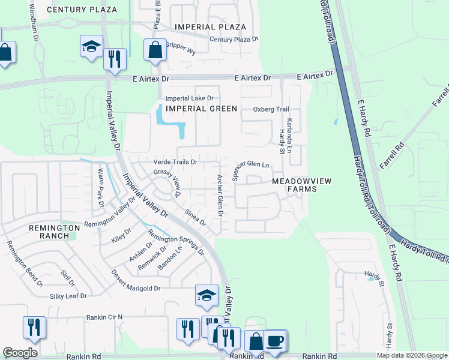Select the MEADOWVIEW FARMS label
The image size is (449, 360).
point(294,184)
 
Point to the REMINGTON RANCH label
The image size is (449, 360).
point(55,232)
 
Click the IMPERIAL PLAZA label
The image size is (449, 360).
point(210,27)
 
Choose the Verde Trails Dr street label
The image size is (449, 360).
point(176,161)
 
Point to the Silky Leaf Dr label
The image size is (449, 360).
point(68,296)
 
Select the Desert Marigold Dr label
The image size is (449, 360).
point(136,280)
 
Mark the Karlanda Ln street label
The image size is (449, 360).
point(289,130)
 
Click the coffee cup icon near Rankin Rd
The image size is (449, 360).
point(276,340)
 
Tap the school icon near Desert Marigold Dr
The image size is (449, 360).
point(206,294)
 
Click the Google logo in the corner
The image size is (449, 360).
point(20,353)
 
